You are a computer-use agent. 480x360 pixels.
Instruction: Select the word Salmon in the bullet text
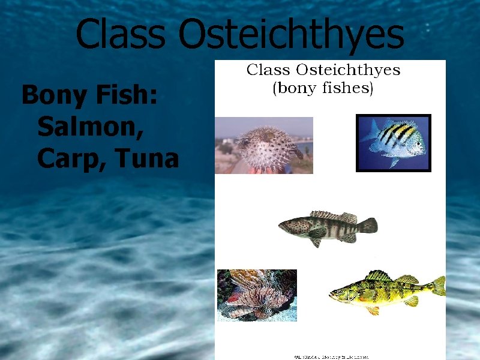pyautogui.click(x=89, y=127)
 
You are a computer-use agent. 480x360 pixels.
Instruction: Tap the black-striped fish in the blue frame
pyautogui.click(x=396, y=142)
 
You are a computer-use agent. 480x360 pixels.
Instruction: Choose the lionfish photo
pyautogui.click(x=256, y=295)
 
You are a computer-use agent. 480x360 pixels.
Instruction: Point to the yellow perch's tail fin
pyautogui.click(x=439, y=286)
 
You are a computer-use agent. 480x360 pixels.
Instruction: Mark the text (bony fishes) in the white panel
pyautogui.click(x=323, y=89)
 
